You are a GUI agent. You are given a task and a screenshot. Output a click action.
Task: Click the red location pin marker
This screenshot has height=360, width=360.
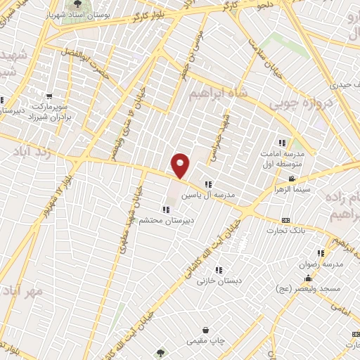181,165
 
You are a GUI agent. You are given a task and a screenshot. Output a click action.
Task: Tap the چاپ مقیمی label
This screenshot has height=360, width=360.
206,341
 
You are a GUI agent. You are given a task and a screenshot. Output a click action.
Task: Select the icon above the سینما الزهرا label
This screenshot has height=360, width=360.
292,179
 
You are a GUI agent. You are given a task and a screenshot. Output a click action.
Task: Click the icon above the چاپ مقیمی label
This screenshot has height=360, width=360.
205,330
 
